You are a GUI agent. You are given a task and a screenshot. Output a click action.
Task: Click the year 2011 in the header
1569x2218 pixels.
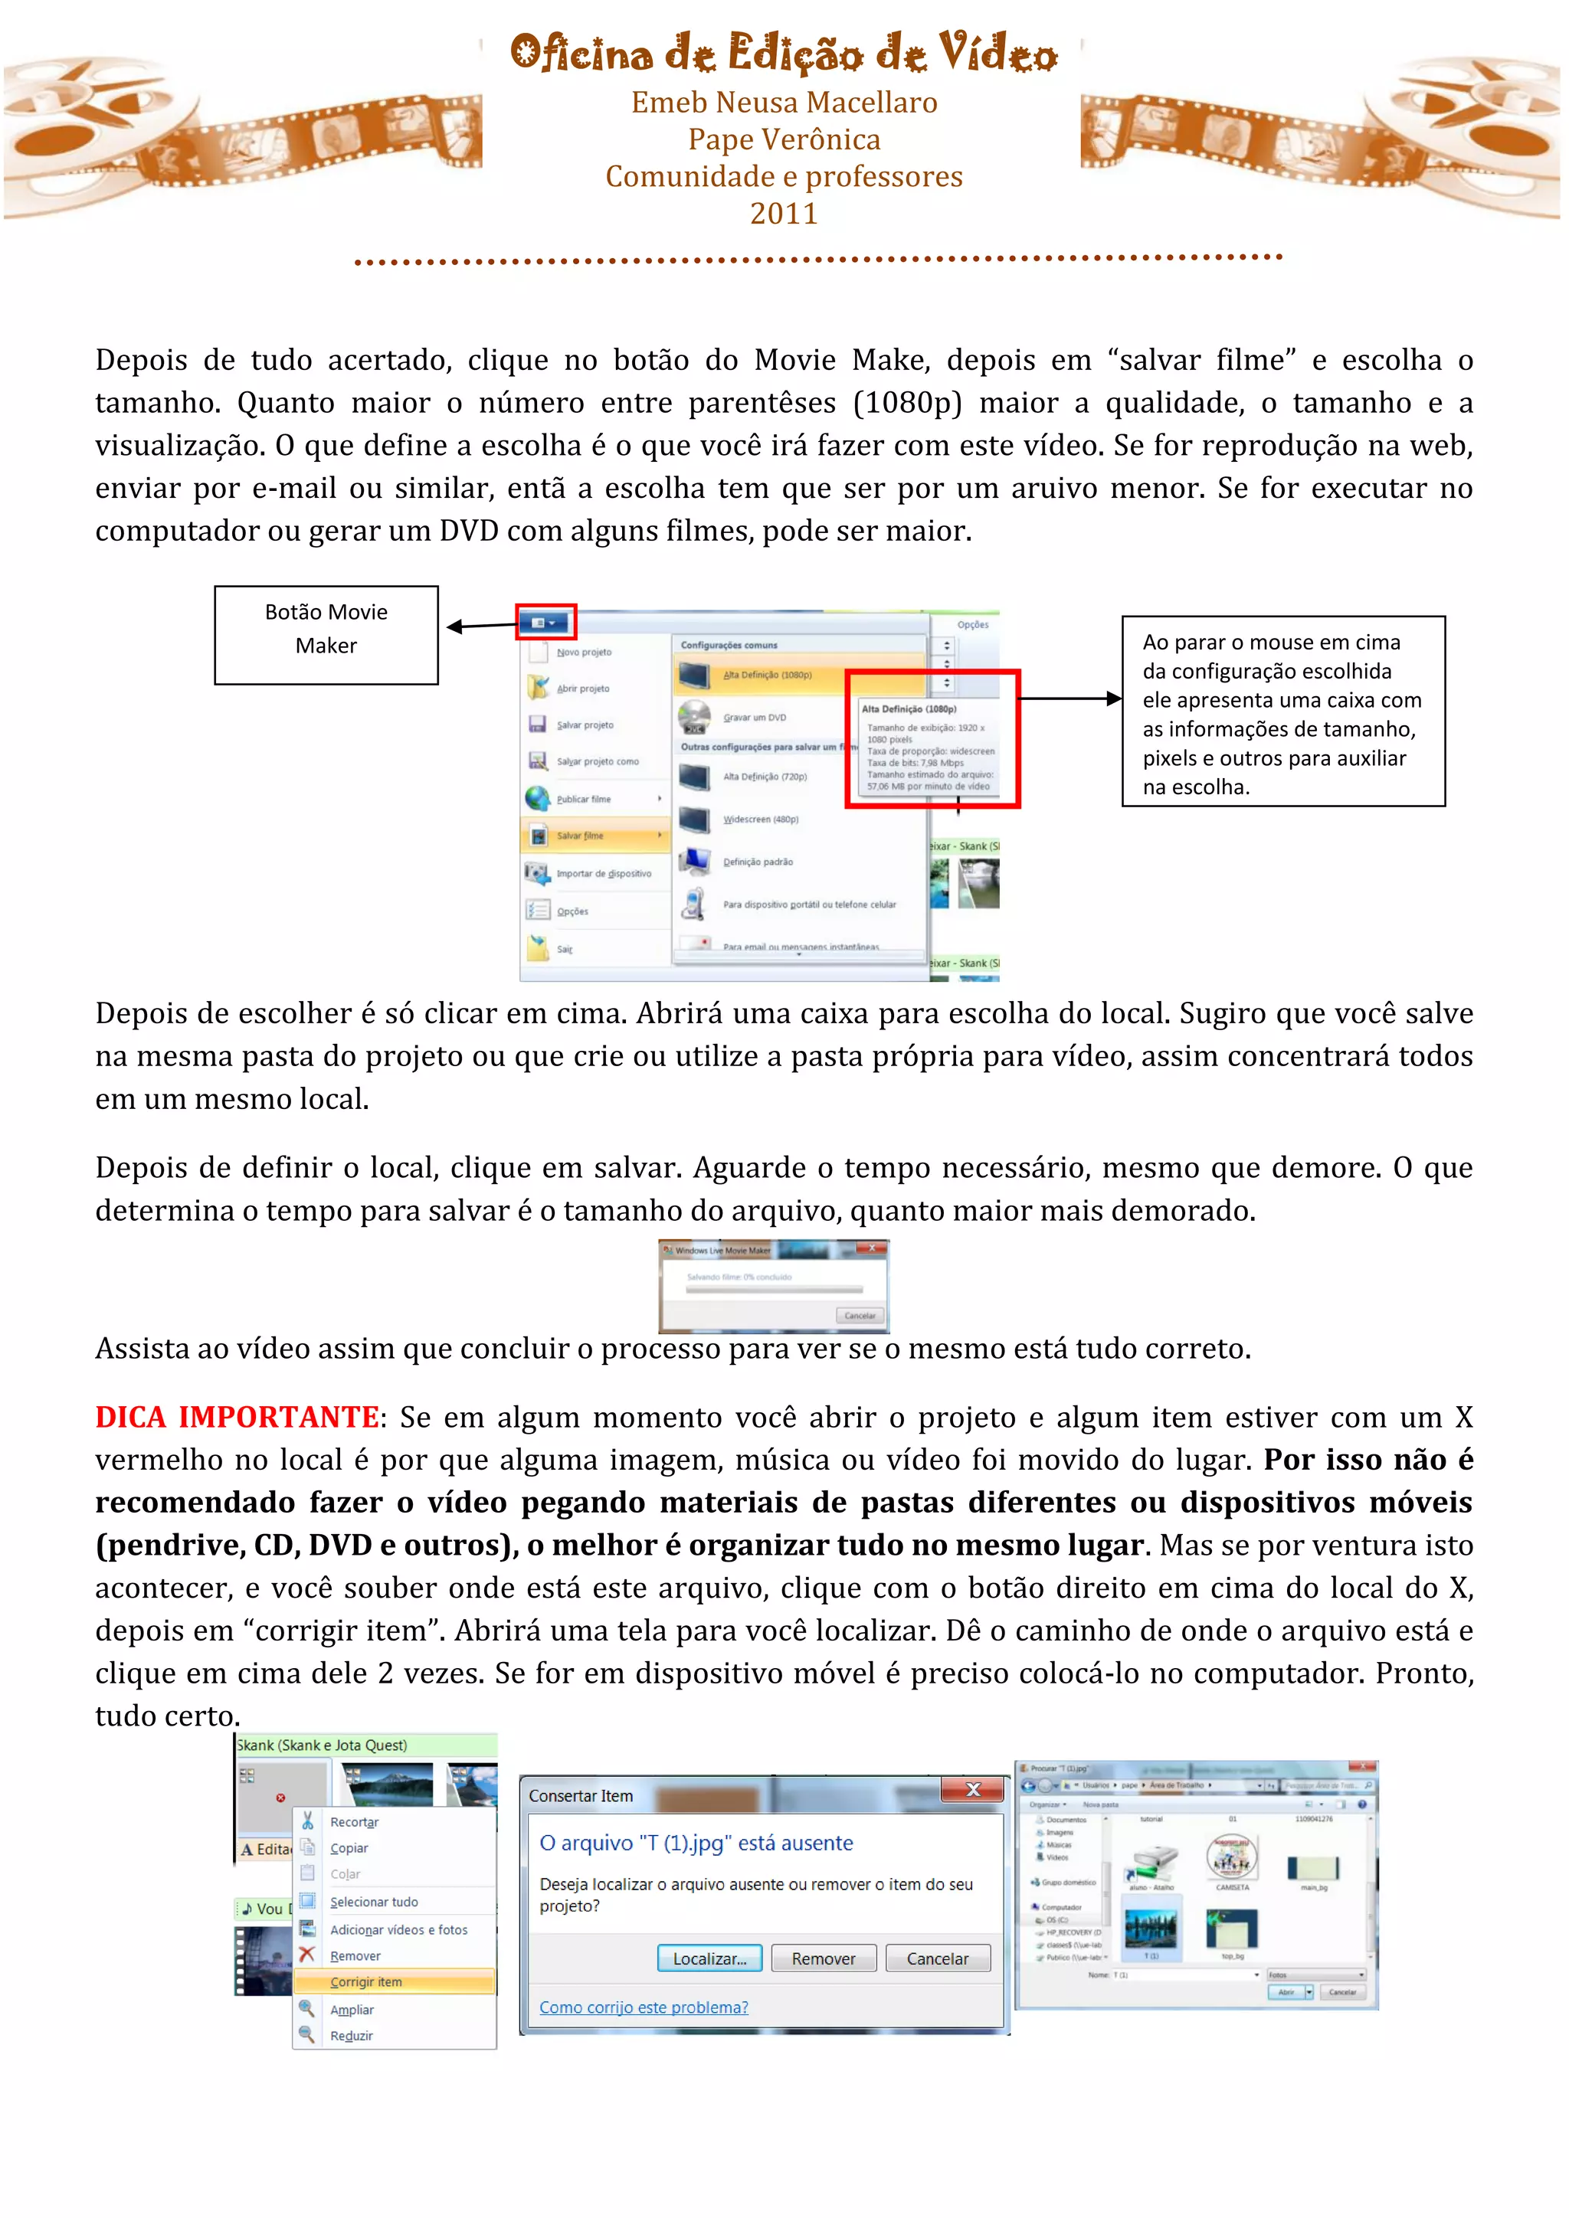pos(784,214)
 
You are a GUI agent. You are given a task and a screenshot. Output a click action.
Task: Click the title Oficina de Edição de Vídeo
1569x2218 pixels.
pos(784,53)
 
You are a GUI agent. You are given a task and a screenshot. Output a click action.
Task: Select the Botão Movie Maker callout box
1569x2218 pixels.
pos(326,635)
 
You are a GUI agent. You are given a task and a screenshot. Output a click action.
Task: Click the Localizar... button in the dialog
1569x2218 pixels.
pos(709,1958)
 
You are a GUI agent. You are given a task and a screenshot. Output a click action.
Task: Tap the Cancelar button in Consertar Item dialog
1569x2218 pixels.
pos(936,1958)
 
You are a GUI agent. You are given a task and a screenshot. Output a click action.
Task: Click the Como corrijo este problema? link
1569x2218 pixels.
pos(644,2007)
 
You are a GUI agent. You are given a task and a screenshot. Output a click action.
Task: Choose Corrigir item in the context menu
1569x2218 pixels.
pos(366,1981)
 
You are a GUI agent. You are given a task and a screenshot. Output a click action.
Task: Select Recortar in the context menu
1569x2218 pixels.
pos(354,1822)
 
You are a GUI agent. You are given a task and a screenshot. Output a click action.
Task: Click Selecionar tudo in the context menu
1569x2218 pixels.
pos(374,1901)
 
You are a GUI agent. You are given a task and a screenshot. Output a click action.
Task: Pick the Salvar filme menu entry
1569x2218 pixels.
pos(581,836)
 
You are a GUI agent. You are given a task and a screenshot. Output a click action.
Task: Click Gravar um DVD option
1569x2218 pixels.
pos(754,718)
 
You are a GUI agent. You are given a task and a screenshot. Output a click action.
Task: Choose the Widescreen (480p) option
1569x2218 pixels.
pos(760,819)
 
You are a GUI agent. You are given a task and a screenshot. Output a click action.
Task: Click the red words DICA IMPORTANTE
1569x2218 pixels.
pos(237,1417)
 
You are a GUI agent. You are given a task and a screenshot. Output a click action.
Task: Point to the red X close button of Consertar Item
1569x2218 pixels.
pos(973,1790)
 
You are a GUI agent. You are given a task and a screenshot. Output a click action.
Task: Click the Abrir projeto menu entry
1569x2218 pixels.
pos(582,689)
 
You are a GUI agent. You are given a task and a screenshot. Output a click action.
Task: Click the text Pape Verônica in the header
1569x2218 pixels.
pos(784,140)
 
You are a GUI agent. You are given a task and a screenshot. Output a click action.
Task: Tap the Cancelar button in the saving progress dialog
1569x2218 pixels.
pos(859,1316)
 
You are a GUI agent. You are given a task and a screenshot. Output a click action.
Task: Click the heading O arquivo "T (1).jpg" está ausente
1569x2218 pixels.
pos(696,1843)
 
